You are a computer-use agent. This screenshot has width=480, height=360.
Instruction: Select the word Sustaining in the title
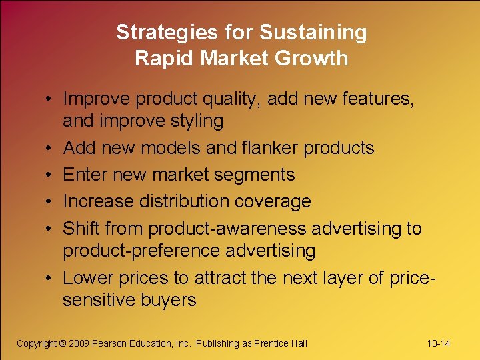pos(313,33)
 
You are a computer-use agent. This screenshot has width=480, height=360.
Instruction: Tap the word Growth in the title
pos(314,58)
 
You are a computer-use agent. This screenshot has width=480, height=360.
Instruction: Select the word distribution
pos(188,201)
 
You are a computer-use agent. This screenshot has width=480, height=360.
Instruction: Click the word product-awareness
pos(228,229)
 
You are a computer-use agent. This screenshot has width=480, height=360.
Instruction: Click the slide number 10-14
pos(439,343)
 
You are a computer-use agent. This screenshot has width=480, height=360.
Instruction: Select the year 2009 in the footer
pos(77,343)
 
